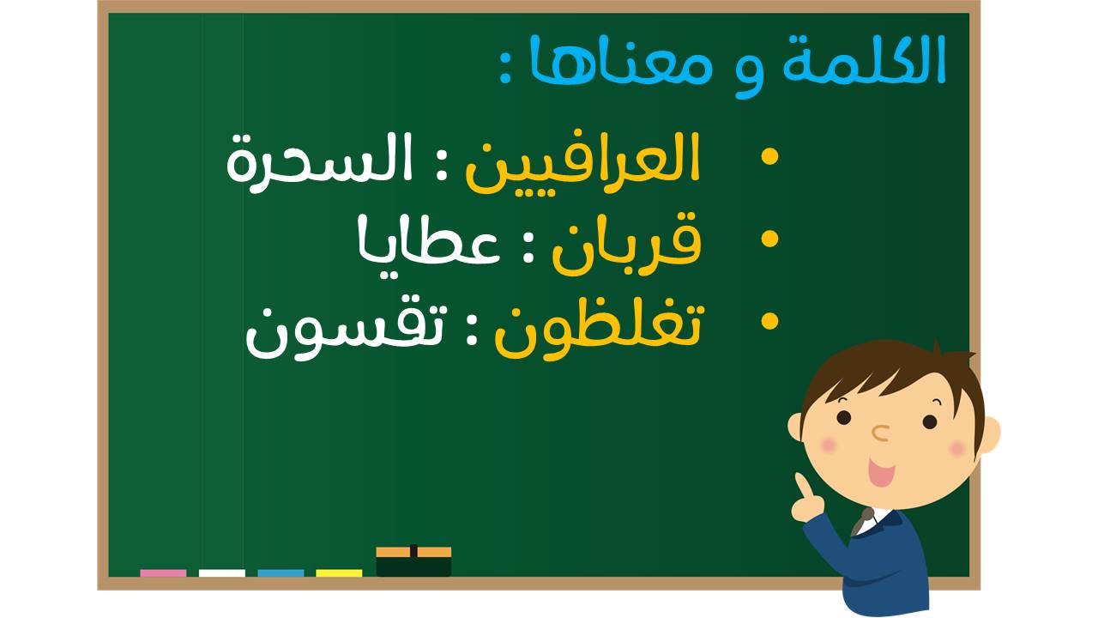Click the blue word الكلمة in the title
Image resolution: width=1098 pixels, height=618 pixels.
click(x=864, y=60)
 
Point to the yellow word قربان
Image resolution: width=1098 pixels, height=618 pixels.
click(x=627, y=242)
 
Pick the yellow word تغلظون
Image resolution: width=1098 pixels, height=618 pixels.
click(x=600, y=330)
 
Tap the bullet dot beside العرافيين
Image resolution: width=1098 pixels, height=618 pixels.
click(x=769, y=157)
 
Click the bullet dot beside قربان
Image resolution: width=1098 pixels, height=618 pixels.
click(x=769, y=239)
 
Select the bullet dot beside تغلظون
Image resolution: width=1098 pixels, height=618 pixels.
click(x=769, y=322)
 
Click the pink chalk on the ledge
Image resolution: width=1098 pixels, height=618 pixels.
click(x=163, y=573)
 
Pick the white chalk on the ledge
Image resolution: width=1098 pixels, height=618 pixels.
click(x=222, y=573)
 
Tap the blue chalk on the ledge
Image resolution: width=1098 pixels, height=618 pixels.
click(x=281, y=573)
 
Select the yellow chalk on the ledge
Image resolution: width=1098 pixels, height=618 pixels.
click(x=339, y=573)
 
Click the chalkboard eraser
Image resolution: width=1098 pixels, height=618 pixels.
click(x=413, y=560)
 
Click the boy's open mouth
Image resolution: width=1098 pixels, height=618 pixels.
click(x=881, y=473)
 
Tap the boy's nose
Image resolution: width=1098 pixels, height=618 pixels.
click(x=881, y=433)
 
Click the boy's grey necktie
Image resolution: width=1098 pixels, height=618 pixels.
click(x=862, y=522)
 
